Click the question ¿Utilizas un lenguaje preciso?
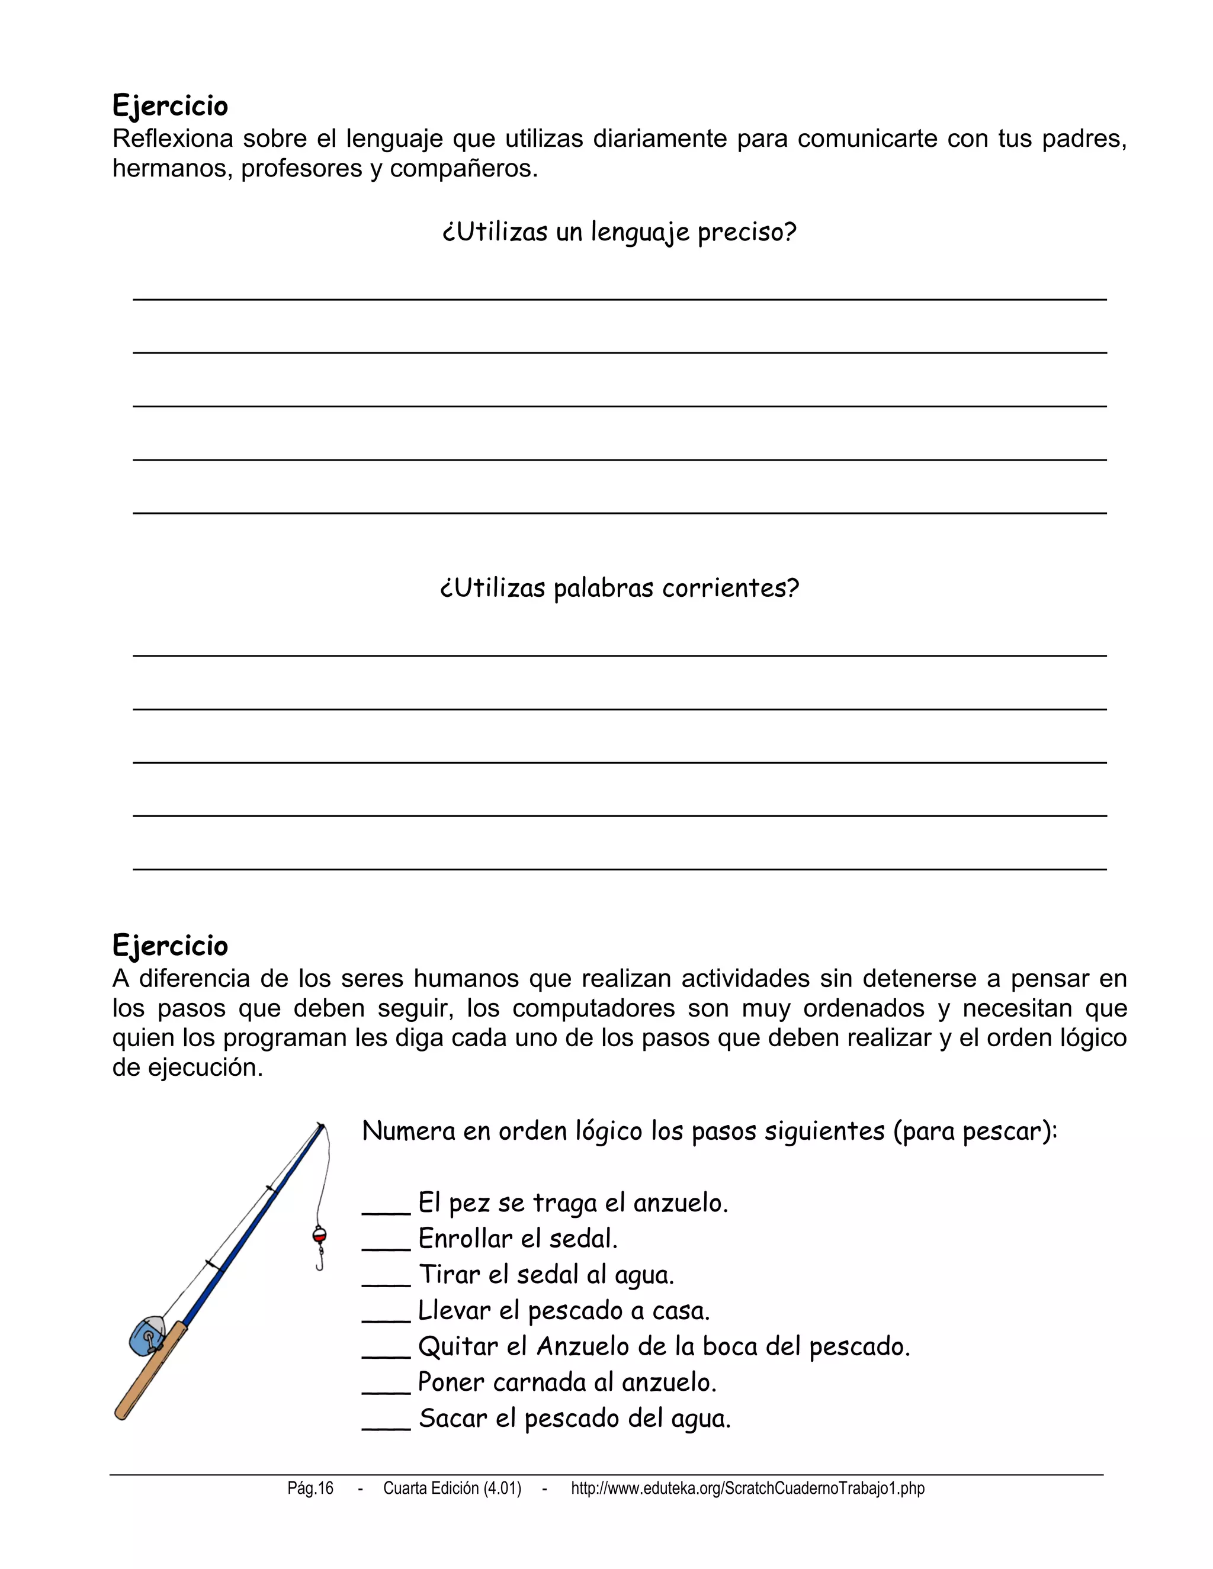tap(619, 232)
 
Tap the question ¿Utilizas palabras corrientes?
tap(619, 589)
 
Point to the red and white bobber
tap(319, 1236)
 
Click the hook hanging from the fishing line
tap(320, 1260)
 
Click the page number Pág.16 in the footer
tap(310, 1488)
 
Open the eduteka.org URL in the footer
tap(747, 1488)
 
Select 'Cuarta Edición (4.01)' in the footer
tap(452, 1488)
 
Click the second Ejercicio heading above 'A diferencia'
tap(171, 946)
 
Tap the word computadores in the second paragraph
tap(593, 1008)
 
